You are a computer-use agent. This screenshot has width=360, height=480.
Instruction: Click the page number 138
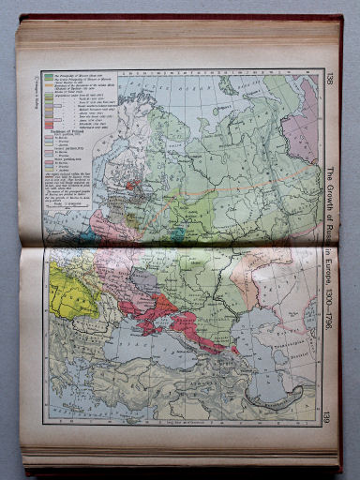(x=330, y=77)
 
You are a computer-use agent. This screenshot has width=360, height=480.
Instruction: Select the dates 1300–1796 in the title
(x=330, y=300)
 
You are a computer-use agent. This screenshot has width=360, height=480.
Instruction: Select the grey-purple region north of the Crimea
(x=145, y=281)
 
